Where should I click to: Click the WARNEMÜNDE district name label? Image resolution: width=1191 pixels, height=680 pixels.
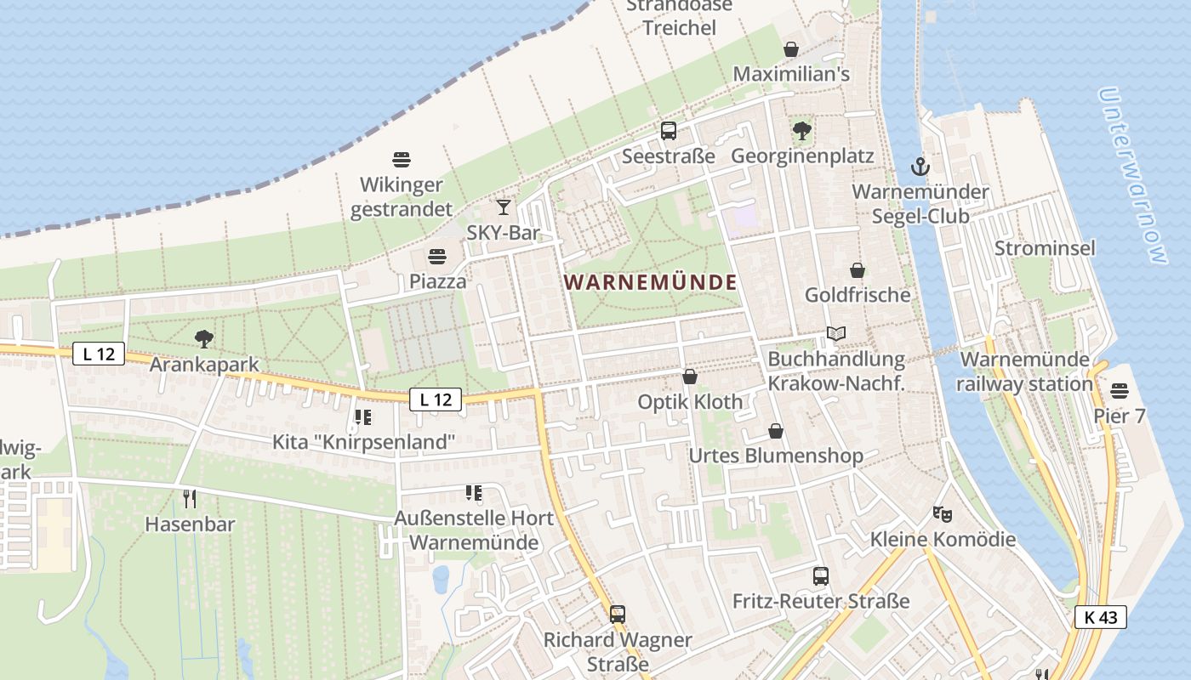click(x=651, y=281)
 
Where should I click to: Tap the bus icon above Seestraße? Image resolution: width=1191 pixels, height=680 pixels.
click(x=669, y=131)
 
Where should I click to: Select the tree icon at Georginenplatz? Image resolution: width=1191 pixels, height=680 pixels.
click(x=801, y=131)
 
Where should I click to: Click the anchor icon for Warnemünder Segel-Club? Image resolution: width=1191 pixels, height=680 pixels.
click(x=920, y=166)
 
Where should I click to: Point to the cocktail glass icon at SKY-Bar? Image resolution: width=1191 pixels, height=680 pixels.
click(x=504, y=207)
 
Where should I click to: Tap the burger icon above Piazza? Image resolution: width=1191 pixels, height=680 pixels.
click(x=437, y=256)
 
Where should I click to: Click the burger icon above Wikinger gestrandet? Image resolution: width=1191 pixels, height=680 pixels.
click(x=402, y=159)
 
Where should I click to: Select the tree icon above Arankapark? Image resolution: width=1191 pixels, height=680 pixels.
click(x=203, y=339)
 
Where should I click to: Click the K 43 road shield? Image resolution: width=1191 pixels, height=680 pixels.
click(x=1100, y=617)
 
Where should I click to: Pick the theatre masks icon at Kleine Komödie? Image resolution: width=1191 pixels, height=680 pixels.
click(x=942, y=513)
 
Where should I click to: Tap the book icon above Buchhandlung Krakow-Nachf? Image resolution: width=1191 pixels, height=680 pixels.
click(x=836, y=334)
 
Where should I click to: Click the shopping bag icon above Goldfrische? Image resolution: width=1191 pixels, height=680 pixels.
click(x=858, y=270)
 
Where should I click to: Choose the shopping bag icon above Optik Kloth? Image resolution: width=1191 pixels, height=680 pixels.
click(x=690, y=377)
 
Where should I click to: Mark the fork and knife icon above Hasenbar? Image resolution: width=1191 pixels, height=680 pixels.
click(x=190, y=498)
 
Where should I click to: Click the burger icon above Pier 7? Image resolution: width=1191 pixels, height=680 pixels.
click(x=1119, y=391)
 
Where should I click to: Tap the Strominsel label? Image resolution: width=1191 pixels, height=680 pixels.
click(x=1045, y=248)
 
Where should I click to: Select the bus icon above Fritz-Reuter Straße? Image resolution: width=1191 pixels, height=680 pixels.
click(x=820, y=576)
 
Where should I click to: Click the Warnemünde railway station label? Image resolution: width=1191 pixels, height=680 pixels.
click(x=1024, y=371)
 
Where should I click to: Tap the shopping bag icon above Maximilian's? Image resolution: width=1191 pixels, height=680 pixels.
click(x=791, y=49)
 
